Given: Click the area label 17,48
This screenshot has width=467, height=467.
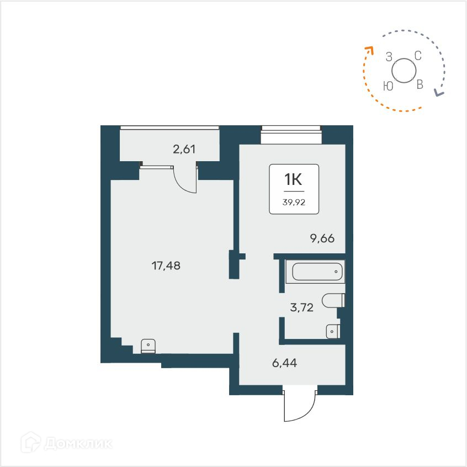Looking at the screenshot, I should click(166, 266).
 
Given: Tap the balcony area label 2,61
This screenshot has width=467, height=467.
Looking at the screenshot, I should click(184, 148).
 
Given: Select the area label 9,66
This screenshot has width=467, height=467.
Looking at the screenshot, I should click(322, 238).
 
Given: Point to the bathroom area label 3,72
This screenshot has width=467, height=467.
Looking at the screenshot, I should click(301, 308).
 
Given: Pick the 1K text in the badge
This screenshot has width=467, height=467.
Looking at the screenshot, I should click(294, 179).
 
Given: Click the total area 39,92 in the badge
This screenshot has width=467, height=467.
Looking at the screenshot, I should click(294, 201).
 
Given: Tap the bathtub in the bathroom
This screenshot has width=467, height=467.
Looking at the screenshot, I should click(317, 272).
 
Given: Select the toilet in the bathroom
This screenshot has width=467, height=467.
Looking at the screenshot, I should click(333, 300).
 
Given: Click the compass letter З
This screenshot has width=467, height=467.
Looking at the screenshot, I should click(389, 56).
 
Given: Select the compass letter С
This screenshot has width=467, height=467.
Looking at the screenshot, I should click(418, 55).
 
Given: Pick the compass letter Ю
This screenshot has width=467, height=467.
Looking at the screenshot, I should click(388, 86).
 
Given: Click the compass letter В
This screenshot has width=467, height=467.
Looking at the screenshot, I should click(420, 84).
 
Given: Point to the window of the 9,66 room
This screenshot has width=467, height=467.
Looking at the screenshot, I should click(291, 130).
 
